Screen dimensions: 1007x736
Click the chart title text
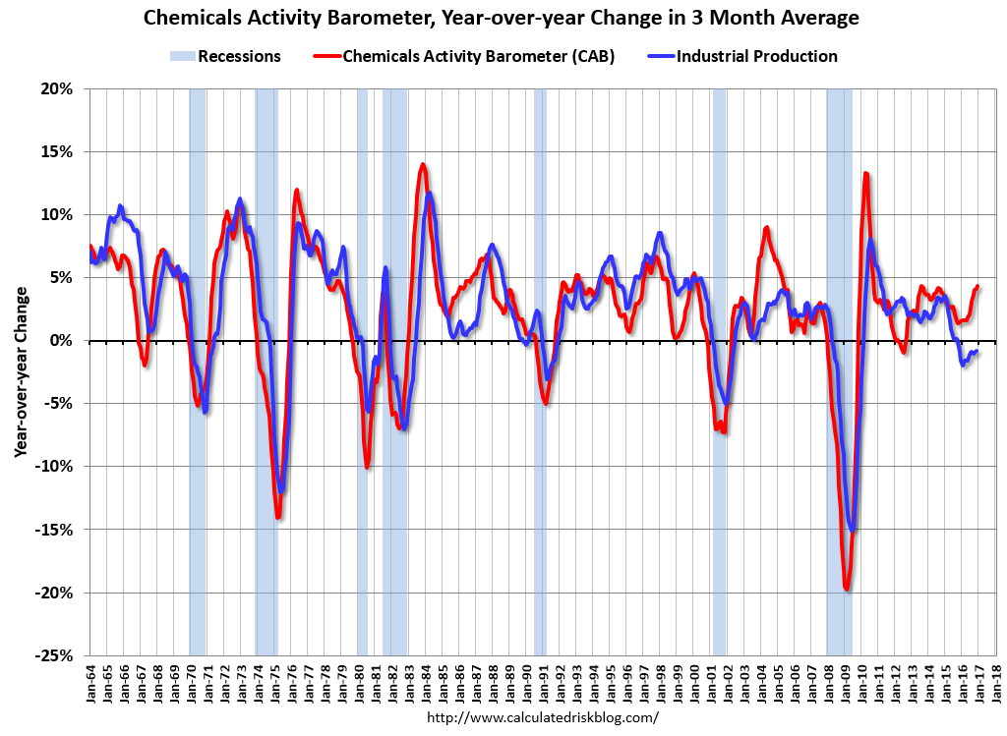point(501,18)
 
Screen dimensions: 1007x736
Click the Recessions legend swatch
point(182,56)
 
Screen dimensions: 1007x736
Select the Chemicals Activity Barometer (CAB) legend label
point(479,56)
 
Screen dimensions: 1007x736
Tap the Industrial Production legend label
point(756,56)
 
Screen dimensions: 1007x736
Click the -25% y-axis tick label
point(55,655)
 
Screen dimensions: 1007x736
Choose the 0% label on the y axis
point(62,341)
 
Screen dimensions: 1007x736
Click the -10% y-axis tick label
point(55,467)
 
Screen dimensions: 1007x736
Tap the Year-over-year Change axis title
point(22,372)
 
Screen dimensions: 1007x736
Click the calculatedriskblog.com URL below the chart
point(543,717)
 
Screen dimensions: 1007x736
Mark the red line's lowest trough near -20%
point(847,588)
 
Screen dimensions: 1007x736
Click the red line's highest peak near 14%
point(423,165)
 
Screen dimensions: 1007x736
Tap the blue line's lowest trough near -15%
point(853,529)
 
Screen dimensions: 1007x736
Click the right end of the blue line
point(977,351)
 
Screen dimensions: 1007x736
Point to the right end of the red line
point(977,287)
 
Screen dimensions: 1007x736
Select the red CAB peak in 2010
point(865,174)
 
